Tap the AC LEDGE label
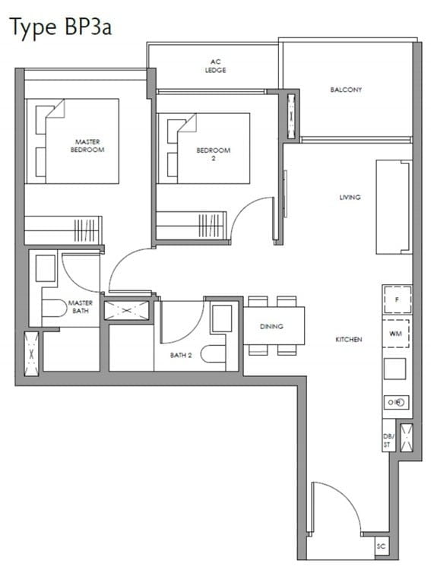(215, 66)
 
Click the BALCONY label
(346, 90)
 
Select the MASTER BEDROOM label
(87, 145)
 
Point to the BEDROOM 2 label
(213, 154)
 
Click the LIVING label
(350, 198)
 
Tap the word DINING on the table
(271, 326)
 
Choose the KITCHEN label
(349, 340)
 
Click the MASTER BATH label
(81, 306)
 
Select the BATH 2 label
(181, 355)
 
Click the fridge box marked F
(397, 299)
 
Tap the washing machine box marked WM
(395, 334)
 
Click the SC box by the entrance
(382, 546)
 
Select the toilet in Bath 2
(213, 353)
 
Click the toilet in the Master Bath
(54, 308)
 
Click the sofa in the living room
(394, 207)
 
